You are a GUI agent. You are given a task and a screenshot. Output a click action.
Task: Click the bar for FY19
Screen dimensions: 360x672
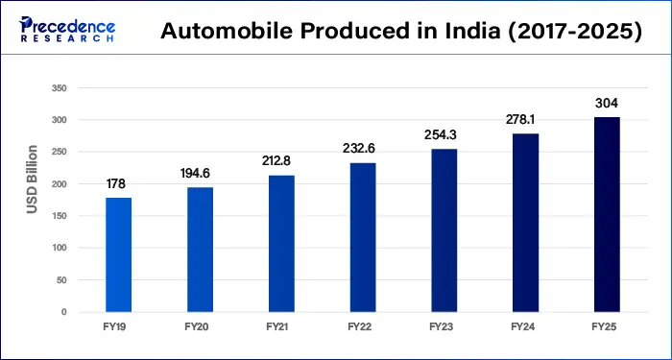(119, 254)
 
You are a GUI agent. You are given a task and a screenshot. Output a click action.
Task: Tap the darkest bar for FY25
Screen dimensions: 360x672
(606, 214)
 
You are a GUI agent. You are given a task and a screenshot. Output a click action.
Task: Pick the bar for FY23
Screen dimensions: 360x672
(444, 230)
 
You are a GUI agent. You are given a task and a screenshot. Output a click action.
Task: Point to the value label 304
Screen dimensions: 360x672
(606, 103)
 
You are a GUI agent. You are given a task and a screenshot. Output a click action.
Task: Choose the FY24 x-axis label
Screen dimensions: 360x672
(525, 327)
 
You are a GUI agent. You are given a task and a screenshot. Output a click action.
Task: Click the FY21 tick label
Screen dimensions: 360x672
(281, 327)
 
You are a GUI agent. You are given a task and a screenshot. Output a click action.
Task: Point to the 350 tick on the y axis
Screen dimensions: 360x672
(59, 88)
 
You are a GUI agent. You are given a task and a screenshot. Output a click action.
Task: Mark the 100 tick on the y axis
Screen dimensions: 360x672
(59, 248)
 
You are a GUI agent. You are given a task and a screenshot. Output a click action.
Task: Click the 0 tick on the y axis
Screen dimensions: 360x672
(63, 312)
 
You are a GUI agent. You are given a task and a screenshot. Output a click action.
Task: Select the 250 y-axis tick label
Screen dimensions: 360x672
(59, 152)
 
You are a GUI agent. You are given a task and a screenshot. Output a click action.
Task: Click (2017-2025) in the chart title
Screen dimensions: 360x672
(566, 31)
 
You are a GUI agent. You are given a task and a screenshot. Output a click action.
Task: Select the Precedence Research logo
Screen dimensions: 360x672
(63, 30)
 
